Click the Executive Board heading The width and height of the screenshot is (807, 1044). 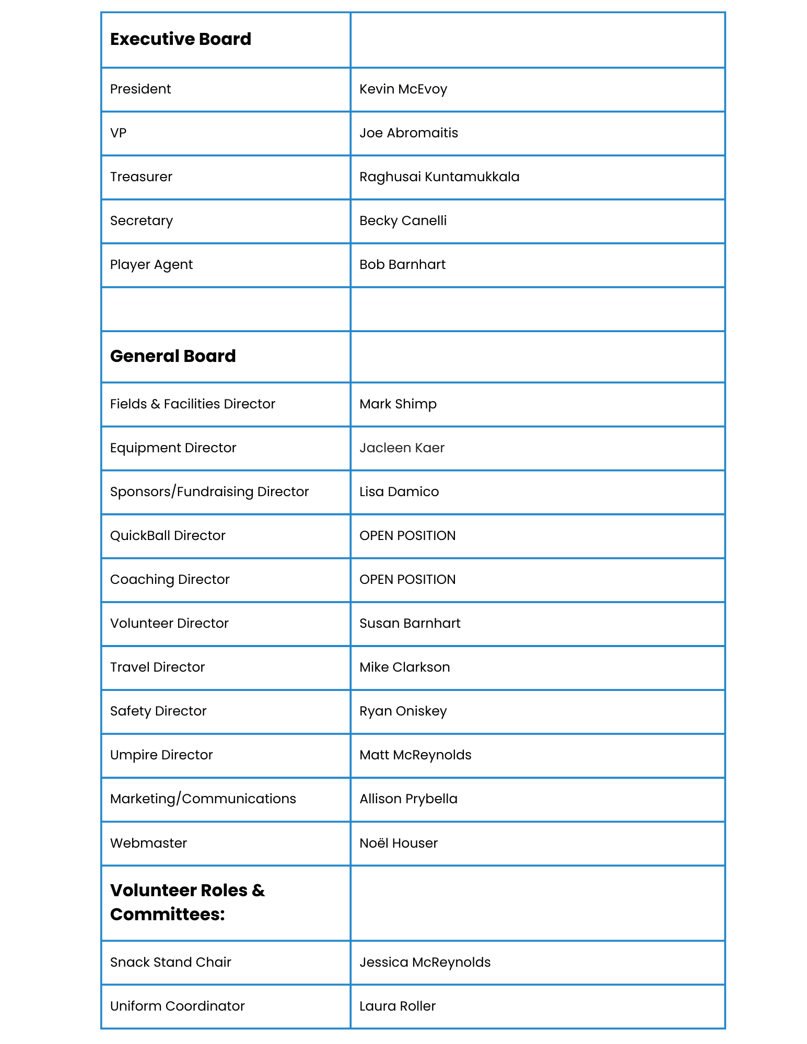[x=180, y=40]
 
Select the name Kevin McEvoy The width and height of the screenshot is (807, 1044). [x=403, y=89]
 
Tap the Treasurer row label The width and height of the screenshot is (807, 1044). [x=141, y=177]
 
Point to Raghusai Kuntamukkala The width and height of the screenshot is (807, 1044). [x=439, y=177]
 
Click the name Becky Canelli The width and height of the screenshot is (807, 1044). [x=403, y=221]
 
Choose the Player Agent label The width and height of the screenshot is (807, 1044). [x=151, y=265]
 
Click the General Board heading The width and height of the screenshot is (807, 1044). [x=172, y=356]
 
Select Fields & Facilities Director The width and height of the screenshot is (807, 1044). [x=192, y=404]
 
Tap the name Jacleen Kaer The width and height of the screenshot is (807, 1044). [x=402, y=448]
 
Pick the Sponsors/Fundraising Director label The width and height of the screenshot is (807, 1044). [x=209, y=492]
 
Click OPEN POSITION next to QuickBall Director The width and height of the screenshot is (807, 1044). [x=407, y=536]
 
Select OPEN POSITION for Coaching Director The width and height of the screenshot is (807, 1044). [x=407, y=580]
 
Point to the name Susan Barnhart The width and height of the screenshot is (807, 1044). [x=410, y=624]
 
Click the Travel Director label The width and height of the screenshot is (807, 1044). [x=157, y=667]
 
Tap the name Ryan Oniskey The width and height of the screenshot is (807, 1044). [x=403, y=711]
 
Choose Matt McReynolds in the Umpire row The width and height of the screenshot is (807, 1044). [x=415, y=755]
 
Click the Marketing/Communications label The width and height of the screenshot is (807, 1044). [x=203, y=799]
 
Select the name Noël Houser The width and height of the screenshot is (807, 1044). [x=398, y=843]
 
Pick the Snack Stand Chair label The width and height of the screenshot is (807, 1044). [x=170, y=963]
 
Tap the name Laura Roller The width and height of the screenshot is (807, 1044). [x=397, y=1006]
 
